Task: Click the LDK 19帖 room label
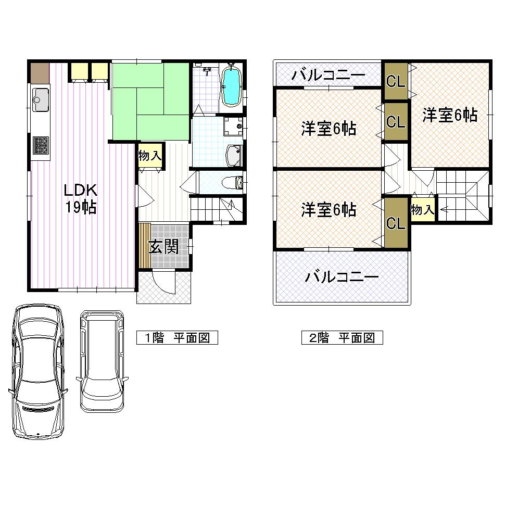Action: [x=80, y=198]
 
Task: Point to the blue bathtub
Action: [x=231, y=86]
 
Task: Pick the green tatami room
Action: [x=150, y=101]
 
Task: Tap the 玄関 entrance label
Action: [x=163, y=247]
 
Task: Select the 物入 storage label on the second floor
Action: [x=422, y=210]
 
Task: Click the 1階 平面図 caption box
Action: [x=176, y=337]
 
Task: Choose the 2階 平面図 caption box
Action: [x=342, y=337]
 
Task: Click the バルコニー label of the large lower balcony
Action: [x=342, y=277]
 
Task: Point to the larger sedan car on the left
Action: [x=39, y=371]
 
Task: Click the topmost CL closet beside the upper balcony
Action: [x=395, y=82]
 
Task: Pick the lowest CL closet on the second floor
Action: [x=395, y=223]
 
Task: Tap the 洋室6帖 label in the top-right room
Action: [x=449, y=115]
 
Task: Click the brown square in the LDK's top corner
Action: [x=40, y=72]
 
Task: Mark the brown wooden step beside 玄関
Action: [x=145, y=246]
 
